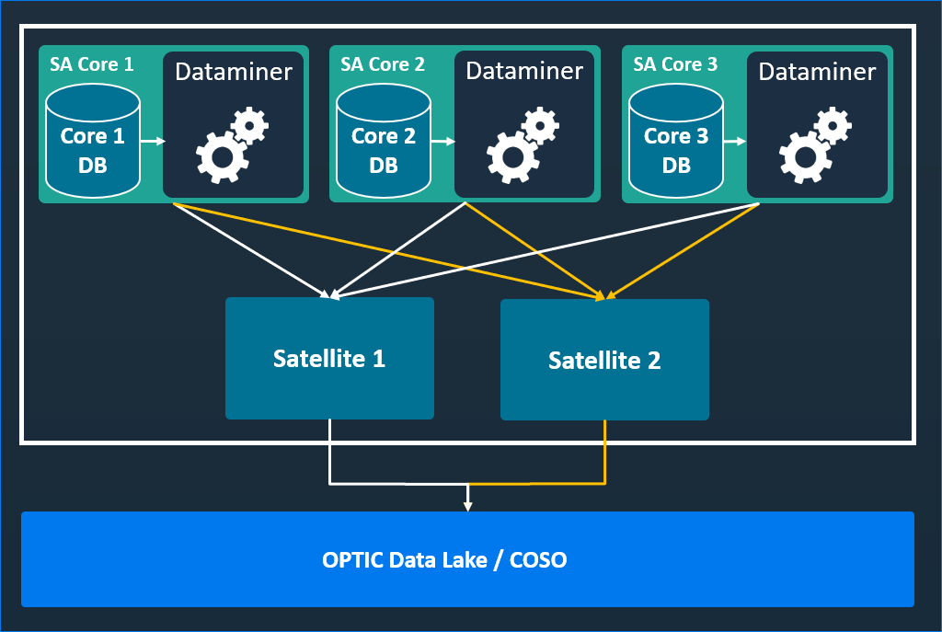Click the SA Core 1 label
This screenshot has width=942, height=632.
point(91,64)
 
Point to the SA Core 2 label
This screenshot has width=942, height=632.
point(383,64)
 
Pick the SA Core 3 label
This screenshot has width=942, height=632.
point(675,64)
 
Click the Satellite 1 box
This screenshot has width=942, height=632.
point(329,358)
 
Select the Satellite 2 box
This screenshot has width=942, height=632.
point(604,360)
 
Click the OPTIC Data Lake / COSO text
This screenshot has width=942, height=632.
point(444,559)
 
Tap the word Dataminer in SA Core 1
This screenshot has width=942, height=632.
point(234,72)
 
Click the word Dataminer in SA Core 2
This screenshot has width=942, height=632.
point(524,71)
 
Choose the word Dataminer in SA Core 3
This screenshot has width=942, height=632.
point(817,72)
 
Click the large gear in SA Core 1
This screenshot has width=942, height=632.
point(221,157)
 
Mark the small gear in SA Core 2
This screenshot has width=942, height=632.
point(540,124)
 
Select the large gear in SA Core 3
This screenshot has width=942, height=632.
point(805,157)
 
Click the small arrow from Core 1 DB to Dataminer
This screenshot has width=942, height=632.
point(153,141)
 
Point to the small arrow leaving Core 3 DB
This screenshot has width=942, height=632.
point(735,142)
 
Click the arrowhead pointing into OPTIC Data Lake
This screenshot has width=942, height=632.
point(467,504)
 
